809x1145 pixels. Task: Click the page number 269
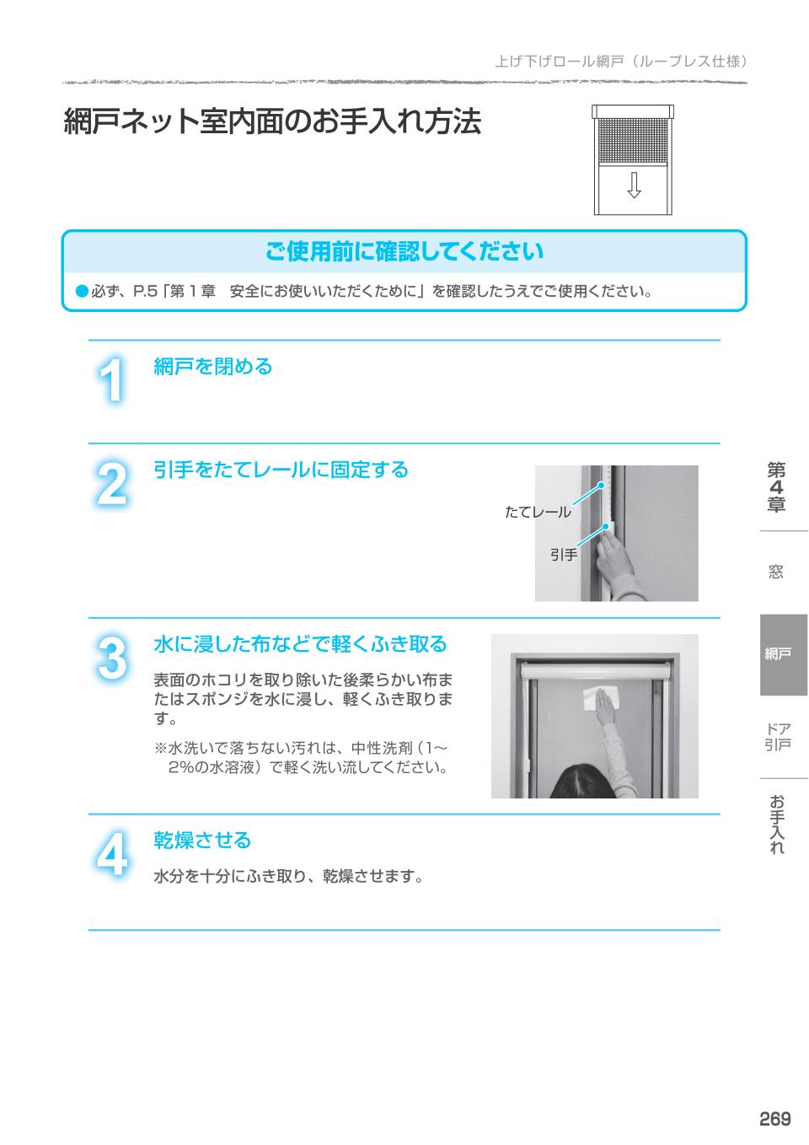[x=774, y=1119]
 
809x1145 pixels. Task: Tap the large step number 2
[x=111, y=484]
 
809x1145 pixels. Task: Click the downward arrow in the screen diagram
[x=634, y=185]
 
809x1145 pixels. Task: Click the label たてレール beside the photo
[x=538, y=512]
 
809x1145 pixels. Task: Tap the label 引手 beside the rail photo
[x=563, y=555]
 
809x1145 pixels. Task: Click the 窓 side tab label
[x=776, y=571]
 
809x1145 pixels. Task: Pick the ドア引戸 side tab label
[x=778, y=737]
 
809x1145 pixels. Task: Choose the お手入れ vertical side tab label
[x=776, y=824]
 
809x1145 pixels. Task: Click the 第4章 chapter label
[x=776, y=486]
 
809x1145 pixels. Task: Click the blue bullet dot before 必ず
[x=83, y=292]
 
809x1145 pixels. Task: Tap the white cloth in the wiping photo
[x=601, y=699]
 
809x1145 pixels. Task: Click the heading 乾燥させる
[x=202, y=841]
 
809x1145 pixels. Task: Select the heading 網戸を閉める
[x=213, y=367]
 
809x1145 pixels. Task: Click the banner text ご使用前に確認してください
[x=404, y=251]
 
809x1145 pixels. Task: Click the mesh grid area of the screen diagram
[x=634, y=142]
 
